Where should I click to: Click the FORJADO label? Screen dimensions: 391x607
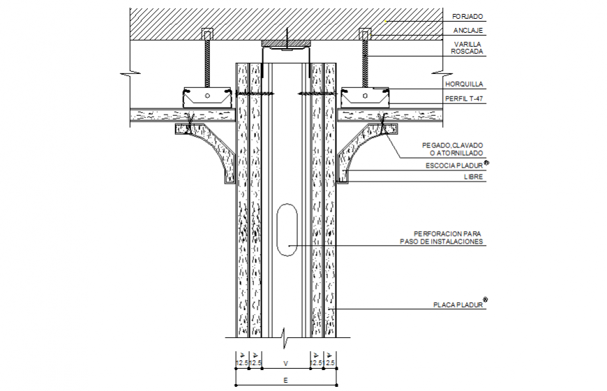467,15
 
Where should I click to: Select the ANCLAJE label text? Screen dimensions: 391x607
467,30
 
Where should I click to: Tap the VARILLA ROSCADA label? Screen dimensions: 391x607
467,47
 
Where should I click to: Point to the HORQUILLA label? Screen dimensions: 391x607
463,84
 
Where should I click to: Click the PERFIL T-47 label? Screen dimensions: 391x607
464,98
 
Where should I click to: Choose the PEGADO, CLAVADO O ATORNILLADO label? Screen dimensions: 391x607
452,149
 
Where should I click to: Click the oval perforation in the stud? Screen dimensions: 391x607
286,230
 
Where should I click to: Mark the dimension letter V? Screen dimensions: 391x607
285,363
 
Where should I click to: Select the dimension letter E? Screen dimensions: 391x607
286,380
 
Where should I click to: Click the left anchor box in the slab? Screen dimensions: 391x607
207,34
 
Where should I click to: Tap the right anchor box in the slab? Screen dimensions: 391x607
364,34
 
